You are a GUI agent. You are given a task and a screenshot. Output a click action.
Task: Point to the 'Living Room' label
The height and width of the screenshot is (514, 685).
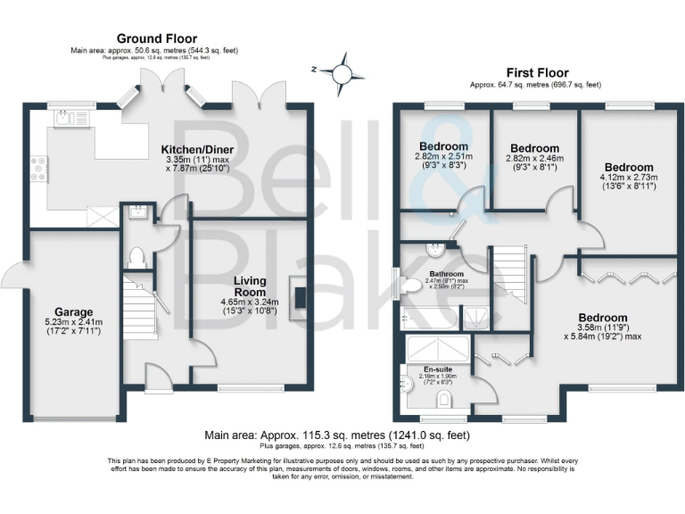tap(251, 286)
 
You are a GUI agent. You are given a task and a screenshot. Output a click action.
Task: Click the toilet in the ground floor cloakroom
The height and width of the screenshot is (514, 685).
tap(136, 258)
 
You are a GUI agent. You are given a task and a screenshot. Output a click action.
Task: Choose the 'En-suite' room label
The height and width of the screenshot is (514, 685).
tap(437, 368)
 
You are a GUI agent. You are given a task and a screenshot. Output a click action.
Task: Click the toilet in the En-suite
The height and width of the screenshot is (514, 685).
tap(445, 400)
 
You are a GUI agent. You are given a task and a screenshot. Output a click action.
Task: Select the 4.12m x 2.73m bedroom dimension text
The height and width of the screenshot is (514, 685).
tap(628, 178)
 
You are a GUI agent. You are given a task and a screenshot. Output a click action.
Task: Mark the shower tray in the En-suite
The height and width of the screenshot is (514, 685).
tap(441, 346)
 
